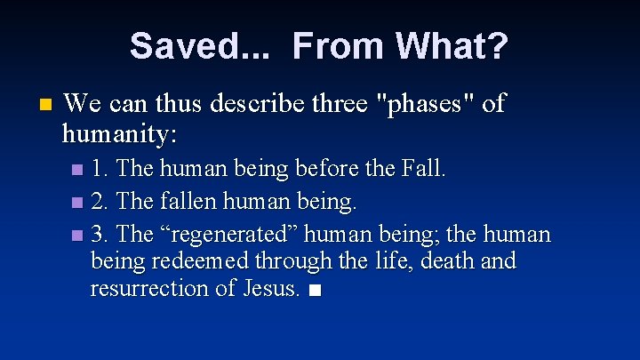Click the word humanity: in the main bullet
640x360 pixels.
(x=119, y=134)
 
